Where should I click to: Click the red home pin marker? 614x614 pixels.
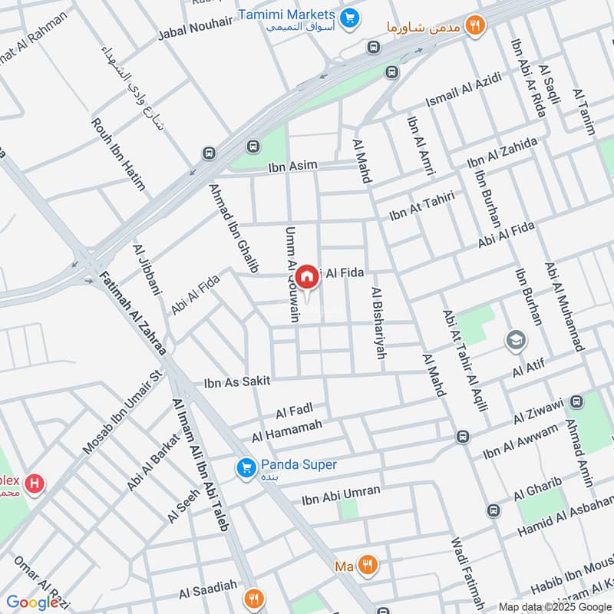click(x=307, y=276)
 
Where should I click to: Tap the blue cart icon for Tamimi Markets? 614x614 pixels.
click(x=350, y=16)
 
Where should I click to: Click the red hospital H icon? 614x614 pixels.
click(x=34, y=484)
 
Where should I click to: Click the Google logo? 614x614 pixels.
click(x=32, y=602)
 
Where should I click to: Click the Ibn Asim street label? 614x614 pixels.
click(x=292, y=167)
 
